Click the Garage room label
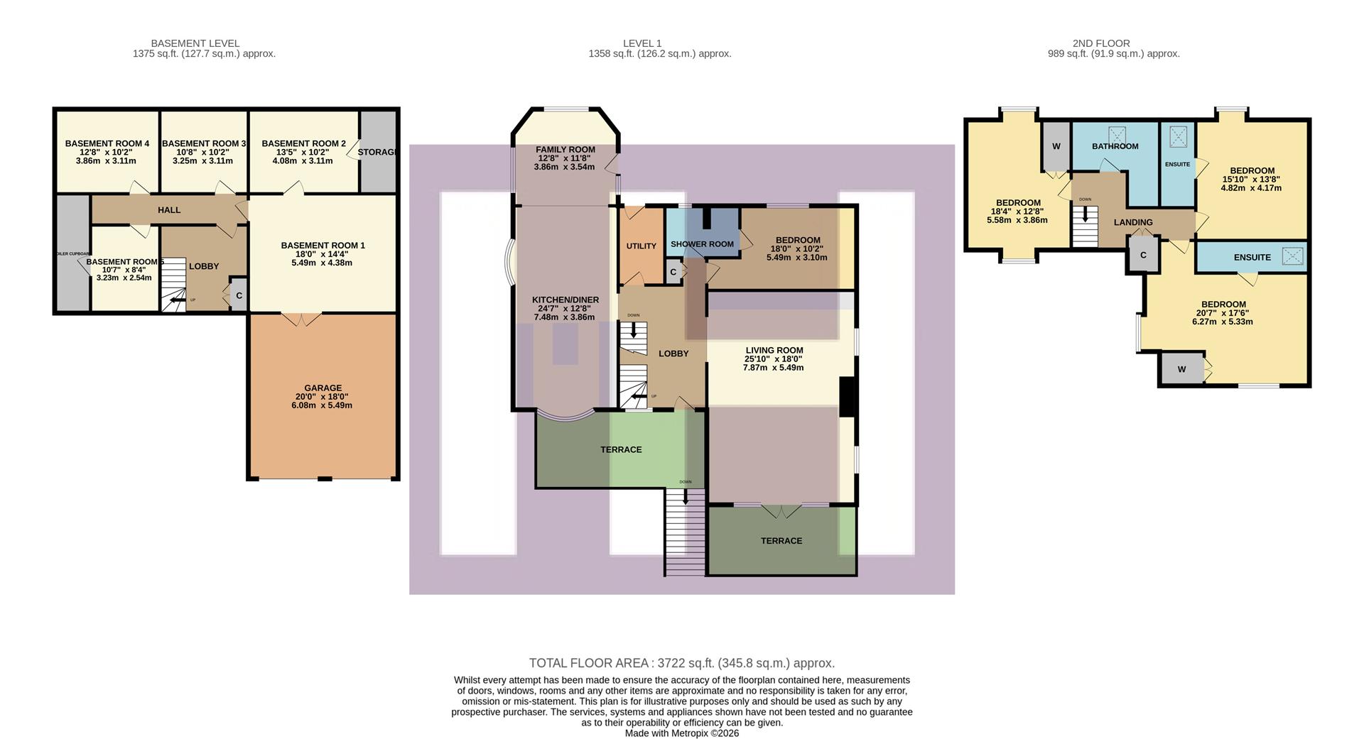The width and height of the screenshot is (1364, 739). click(x=323, y=388)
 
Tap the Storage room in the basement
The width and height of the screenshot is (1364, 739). click(x=377, y=152)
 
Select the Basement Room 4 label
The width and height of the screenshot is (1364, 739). click(x=107, y=143)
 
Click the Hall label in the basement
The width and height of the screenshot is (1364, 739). click(x=169, y=210)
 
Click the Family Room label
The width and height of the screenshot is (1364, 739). click(x=565, y=150)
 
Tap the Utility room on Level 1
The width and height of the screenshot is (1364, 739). click(x=641, y=246)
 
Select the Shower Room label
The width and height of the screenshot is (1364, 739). click(x=702, y=244)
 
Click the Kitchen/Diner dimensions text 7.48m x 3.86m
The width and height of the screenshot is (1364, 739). click(x=565, y=317)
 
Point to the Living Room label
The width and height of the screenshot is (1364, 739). click(x=774, y=350)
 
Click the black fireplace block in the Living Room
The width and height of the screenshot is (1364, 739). click(x=846, y=396)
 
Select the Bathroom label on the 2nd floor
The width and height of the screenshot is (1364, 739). click(x=1115, y=146)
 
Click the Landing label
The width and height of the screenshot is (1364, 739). click(x=1132, y=222)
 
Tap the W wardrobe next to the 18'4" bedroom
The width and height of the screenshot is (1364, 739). click(x=1056, y=146)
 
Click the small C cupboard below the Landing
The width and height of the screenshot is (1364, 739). click(x=1142, y=256)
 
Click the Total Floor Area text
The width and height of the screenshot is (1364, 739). click(x=681, y=663)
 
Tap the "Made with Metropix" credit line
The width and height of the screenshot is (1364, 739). click(x=681, y=733)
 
